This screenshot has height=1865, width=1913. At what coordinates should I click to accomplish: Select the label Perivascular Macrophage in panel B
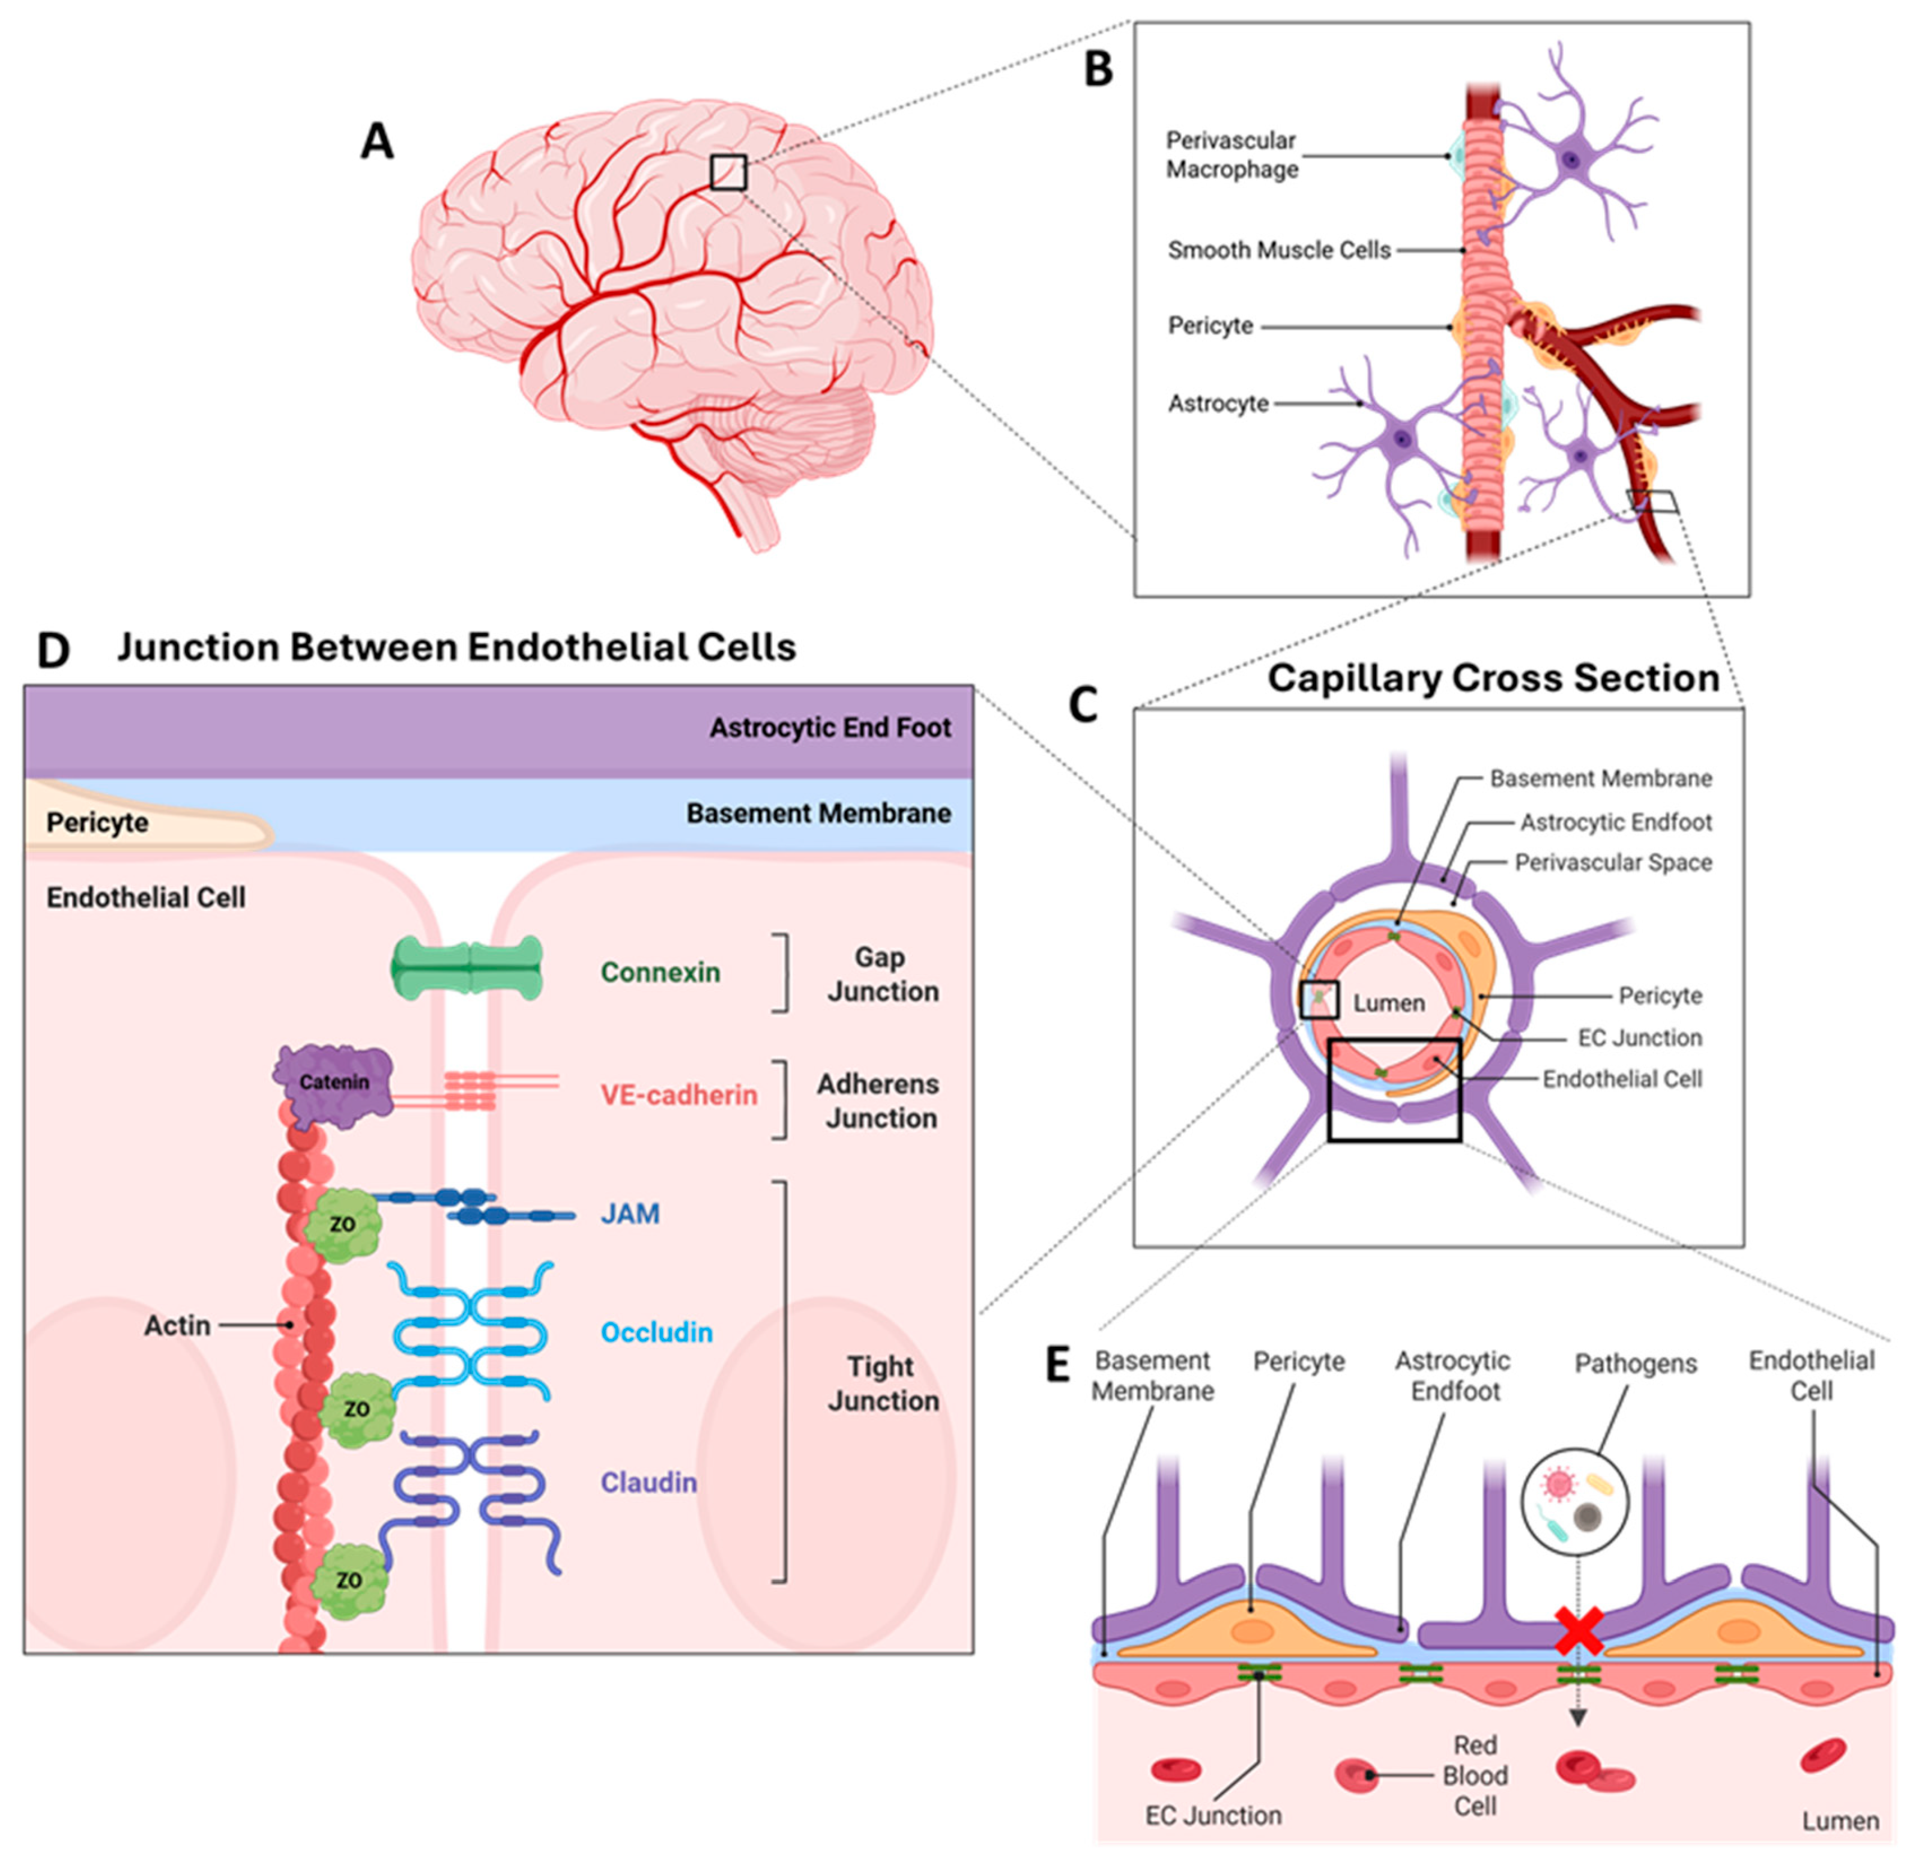1232,155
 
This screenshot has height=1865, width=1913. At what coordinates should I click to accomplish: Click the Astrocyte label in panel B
1218,404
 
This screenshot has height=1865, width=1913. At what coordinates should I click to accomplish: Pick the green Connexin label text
660,973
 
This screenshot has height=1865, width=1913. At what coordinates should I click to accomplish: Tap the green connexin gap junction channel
467,968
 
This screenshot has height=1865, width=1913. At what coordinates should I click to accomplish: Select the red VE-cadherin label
679,1095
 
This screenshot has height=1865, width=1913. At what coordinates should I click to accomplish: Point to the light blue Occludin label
656,1332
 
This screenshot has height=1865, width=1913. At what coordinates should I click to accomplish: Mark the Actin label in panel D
177,1325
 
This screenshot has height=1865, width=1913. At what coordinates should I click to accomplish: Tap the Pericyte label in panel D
97,822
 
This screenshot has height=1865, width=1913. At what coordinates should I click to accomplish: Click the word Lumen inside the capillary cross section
1388,1003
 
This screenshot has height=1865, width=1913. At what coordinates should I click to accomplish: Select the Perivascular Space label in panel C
1613,863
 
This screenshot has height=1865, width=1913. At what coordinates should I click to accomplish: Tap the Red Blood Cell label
1474,1775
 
